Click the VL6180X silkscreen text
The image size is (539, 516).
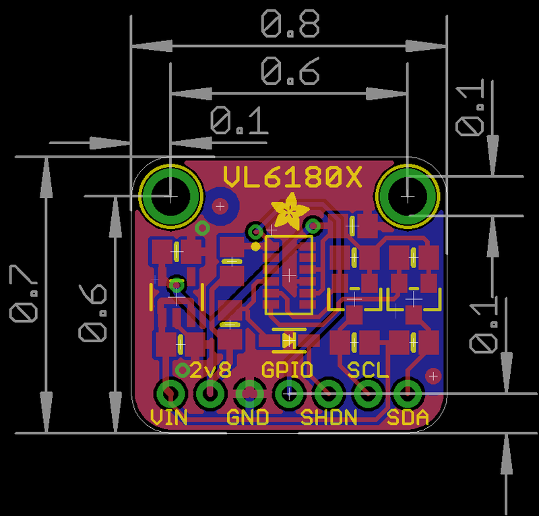pos(292,178)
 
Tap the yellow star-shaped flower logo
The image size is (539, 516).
pos(290,211)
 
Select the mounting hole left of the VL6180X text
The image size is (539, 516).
pos(170,196)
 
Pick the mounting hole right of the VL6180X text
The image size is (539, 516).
pos(408,195)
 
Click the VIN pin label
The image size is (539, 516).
pos(169,418)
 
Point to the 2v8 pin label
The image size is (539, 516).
pos(210,370)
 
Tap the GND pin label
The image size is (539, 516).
pos(248,418)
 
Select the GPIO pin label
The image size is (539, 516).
pos(287,370)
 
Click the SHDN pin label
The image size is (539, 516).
pos(329,418)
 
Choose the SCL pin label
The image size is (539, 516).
pos(368,370)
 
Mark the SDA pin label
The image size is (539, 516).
pos(408,418)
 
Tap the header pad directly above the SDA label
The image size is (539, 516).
pos(408,393)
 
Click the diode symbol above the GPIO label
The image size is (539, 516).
pos(289,341)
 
